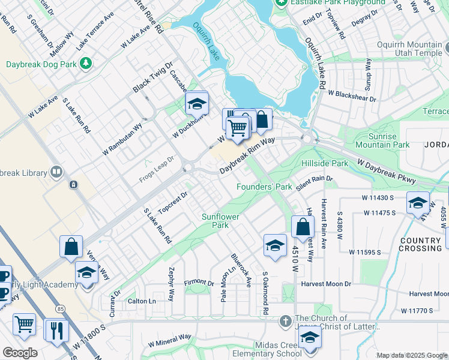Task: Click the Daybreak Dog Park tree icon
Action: (87, 62)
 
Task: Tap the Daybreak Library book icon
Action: (56, 173)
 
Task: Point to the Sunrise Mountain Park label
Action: (382, 140)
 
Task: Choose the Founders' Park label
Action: (264, 187)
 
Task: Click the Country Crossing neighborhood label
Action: (420, 244)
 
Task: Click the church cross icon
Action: (286, 323)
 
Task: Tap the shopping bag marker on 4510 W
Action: (303, 228)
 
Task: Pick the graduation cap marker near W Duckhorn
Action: (196, 106)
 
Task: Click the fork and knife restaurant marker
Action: (56, 330)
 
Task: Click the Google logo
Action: (19, 352)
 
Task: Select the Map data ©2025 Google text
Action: (411, 355)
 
